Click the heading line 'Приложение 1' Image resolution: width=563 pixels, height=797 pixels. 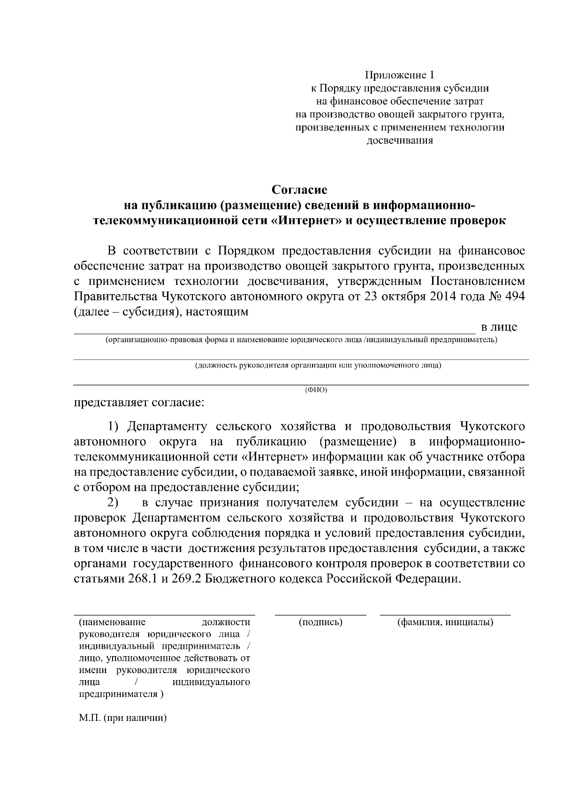click(400, 75)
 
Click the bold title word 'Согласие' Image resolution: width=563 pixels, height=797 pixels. click(299, 190)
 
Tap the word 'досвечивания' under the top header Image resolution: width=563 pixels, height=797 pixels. click(399, 140)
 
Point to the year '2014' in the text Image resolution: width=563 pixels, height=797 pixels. click(441, 297)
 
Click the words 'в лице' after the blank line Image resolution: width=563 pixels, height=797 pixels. click(499, 327)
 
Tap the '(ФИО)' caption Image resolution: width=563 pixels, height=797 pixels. click(316, 390)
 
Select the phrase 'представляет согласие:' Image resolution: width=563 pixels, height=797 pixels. click(139, 403)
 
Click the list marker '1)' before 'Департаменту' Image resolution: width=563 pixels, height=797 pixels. click(115, 426)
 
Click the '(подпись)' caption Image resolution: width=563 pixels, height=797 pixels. click(320, 622)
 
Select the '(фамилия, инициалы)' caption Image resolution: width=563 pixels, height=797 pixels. click(445, 622)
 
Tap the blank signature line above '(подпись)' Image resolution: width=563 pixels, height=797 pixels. click(320, 614)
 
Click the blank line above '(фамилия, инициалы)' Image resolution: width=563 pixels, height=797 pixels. click(445, 614)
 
